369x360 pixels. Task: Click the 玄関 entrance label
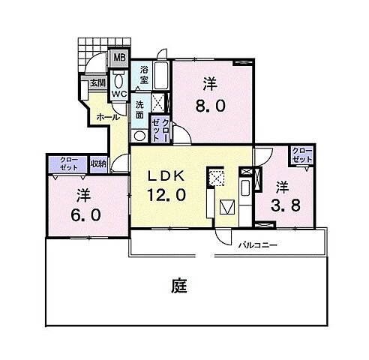[97, 84]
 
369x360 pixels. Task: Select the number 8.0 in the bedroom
[210, 106]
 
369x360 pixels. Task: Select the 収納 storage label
[98, 163]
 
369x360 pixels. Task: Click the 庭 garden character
[178, 286]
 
